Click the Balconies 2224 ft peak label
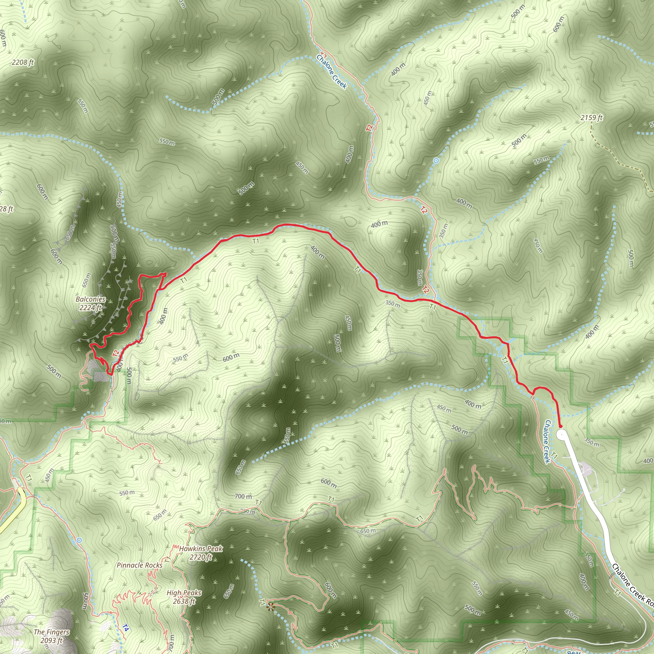90,303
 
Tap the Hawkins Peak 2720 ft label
201,553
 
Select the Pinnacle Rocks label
140,565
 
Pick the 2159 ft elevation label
591,118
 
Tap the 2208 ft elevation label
23,62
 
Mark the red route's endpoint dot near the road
560,426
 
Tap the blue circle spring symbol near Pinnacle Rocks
79,540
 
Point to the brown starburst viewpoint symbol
270,607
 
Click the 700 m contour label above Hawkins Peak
243,496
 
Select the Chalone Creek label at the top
331,71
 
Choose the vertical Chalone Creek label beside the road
547,441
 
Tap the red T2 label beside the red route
116,354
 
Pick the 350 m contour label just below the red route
392,303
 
